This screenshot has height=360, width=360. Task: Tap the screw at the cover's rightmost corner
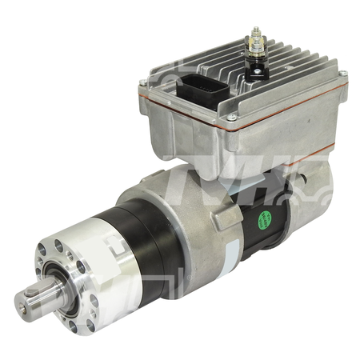pos(342,77)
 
